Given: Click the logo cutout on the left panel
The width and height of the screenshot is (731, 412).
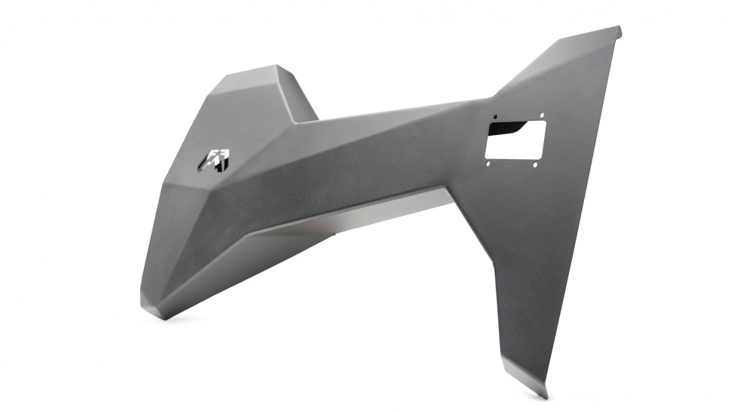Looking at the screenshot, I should tap(215, 159).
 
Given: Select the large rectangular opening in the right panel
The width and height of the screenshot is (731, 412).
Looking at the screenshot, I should tap(515, 139).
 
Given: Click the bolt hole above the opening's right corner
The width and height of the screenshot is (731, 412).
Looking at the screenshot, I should tap(540, 115).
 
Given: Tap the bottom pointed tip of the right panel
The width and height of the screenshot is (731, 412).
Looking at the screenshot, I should tap(545, 395).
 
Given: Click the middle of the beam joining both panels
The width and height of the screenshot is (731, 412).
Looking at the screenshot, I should tap(377, 151).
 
